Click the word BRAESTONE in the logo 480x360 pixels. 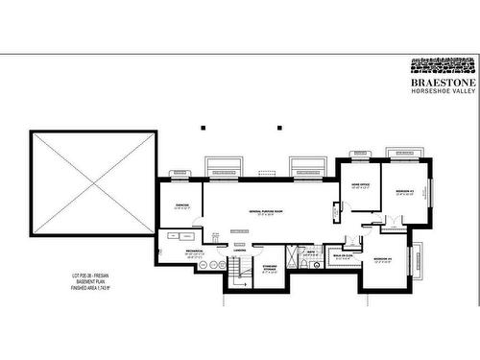[444, 83]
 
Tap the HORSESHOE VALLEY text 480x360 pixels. [444, 92]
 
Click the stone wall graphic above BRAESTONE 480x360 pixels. [444, 67]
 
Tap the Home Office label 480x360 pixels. [360, 185]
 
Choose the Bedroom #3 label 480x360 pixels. [404, 192]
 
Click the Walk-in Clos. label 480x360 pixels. [344, 256]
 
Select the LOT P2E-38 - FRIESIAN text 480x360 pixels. [88, 275]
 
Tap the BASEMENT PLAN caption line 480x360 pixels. [88, 281]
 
